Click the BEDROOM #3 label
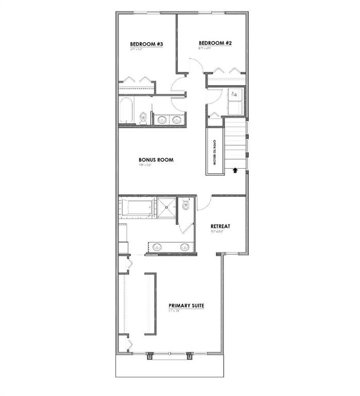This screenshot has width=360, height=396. [146, 44]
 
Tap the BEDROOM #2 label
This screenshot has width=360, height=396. [215, 43]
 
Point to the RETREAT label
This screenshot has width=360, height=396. [220, 226]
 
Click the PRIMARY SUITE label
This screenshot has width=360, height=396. [186, 306]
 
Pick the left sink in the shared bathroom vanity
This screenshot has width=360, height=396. [162, 120]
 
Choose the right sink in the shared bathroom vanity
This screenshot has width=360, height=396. [177, 120]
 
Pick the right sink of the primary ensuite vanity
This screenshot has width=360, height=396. [184, 246]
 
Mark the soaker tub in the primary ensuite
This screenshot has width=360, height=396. [136, 209]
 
